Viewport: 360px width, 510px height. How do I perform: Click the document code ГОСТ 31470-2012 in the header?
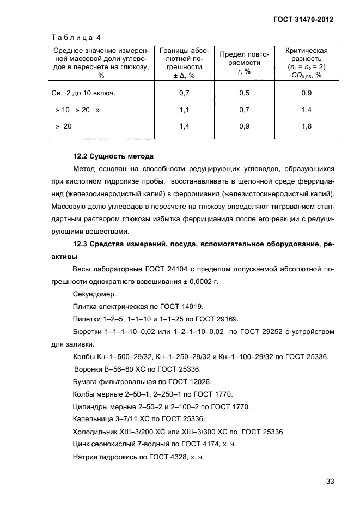303,19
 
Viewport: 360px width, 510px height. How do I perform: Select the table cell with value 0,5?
244,93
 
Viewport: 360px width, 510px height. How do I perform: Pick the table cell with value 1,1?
184,110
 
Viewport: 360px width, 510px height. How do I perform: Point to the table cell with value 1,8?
306,126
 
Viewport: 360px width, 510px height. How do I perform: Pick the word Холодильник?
94,432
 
